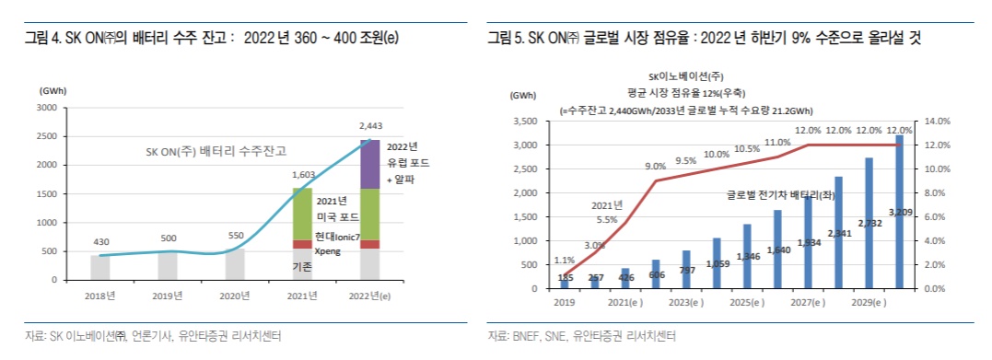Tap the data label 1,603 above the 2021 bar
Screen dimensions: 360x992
pyautogui.click(x=303, y=174)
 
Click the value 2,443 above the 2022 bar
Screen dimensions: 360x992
pyautogui.click(x=369, y=126)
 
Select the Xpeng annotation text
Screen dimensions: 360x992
pyautogui.click(x=328, y=250)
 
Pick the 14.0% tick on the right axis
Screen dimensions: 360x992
pyautogui.click(x=936, y=121)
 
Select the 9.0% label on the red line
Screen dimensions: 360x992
pyautogui.click(x=655, y=167)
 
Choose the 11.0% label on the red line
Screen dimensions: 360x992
pyautogui.click(x=777, y=142)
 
